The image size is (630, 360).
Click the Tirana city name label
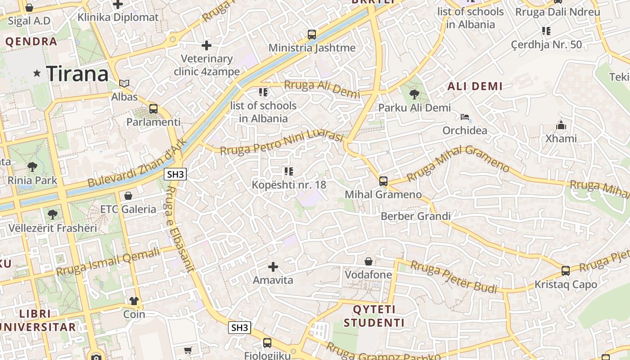pyautogui.click(x=77, y=73)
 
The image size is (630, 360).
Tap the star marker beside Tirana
pyautogui.click(x=36, y=73)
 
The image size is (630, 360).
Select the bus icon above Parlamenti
pyautogui.click(x=153, y=108)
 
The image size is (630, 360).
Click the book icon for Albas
pyautogui.click(x=124, y=83)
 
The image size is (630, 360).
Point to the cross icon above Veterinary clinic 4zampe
pyautogui.click(x=207, y=45)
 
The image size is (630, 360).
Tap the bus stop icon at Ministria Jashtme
pyautogui.click(x=311, y=34)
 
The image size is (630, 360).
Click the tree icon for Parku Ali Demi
pyautogui.click(x=414, y=94)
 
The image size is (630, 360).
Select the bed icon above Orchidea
pyautogui.click(x=464, y=117)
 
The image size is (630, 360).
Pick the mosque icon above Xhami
pyautogui.click(x=561, y=125)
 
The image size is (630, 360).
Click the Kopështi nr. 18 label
pyautogui.click(x=288, y=184)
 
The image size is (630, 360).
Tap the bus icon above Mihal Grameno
pyautogui.click(x=383, y=181)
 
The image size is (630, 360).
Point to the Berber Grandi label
pyautogui.click(x=415, y=216)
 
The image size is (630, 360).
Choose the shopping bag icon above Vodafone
pyautogui.click(x=368, y=261)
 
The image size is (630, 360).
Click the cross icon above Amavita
pyautogui.click(x=273, y=267)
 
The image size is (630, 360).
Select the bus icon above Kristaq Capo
pyautogui.click(x=565, y=271)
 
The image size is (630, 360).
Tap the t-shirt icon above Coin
pyautogui.click(x=134, y=301)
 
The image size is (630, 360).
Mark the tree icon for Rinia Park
pyautogui.click(x=32, y=167)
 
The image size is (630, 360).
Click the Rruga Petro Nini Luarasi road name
pyautogui.click(x=282, y=142)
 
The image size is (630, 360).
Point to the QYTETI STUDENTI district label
pyautogui.click(x=374, y=316)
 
